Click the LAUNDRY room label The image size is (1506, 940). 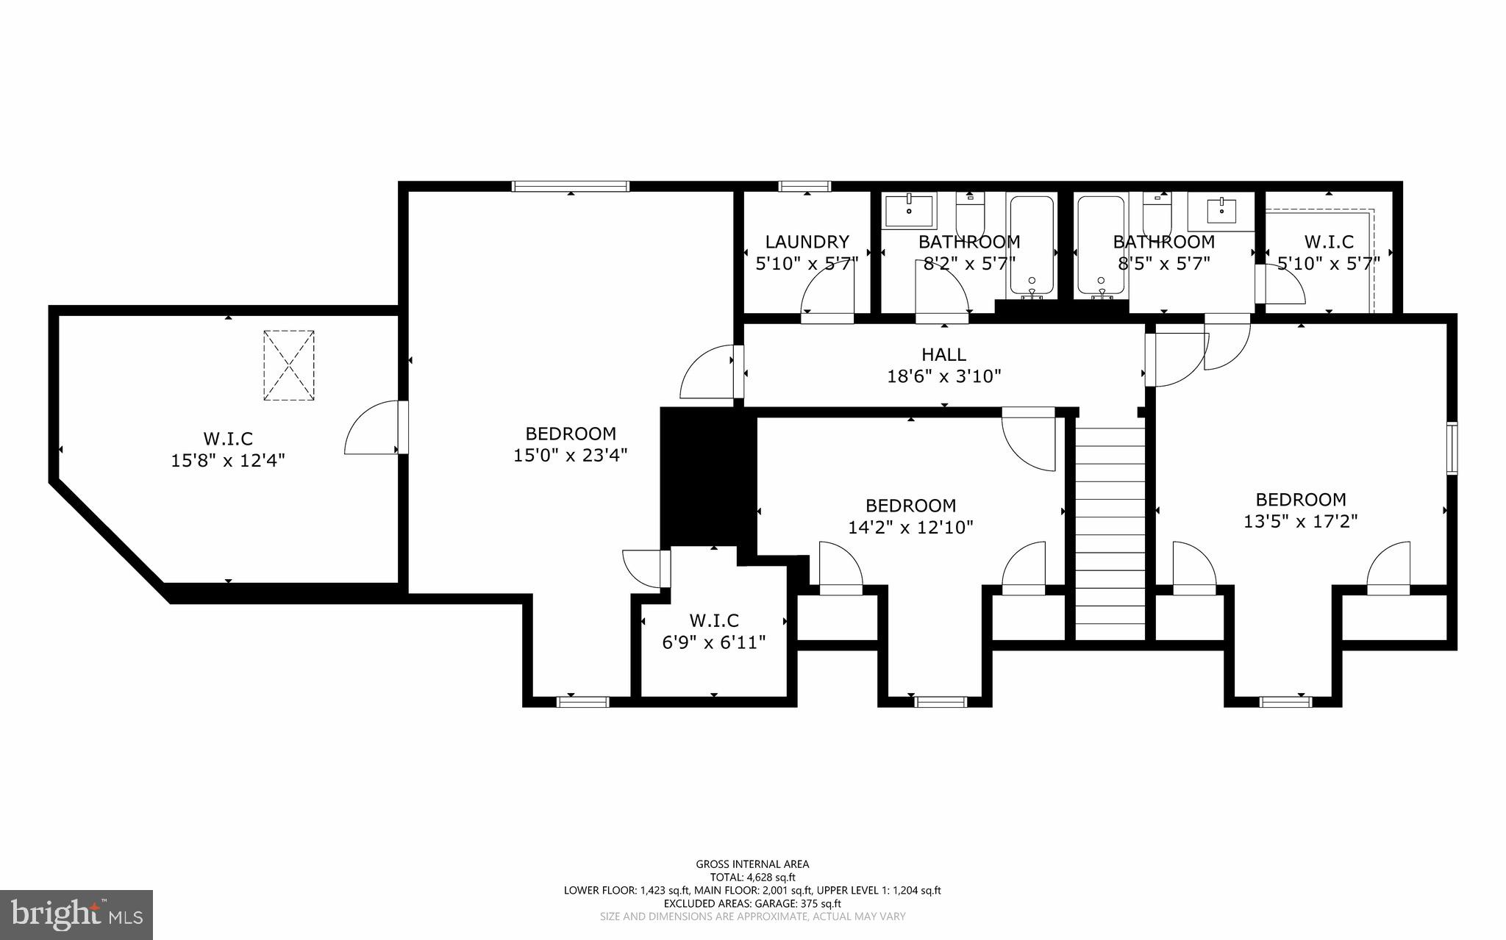[807, 242]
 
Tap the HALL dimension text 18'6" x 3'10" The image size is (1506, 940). [943, 377]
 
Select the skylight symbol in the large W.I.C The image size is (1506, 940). [289, 365]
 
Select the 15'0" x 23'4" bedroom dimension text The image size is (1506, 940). [570, 456]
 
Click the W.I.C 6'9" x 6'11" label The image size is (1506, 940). [713, 621]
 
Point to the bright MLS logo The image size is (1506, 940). [76, 914]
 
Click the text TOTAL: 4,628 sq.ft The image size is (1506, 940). [752, 877]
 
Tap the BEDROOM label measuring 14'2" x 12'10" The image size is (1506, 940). [910, 506]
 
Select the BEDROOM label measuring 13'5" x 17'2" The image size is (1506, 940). [1300, 500]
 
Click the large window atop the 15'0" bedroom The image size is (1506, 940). [571, 186]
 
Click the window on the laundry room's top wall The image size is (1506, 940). [805, 186]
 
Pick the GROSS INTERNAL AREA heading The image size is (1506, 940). [752, 864]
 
